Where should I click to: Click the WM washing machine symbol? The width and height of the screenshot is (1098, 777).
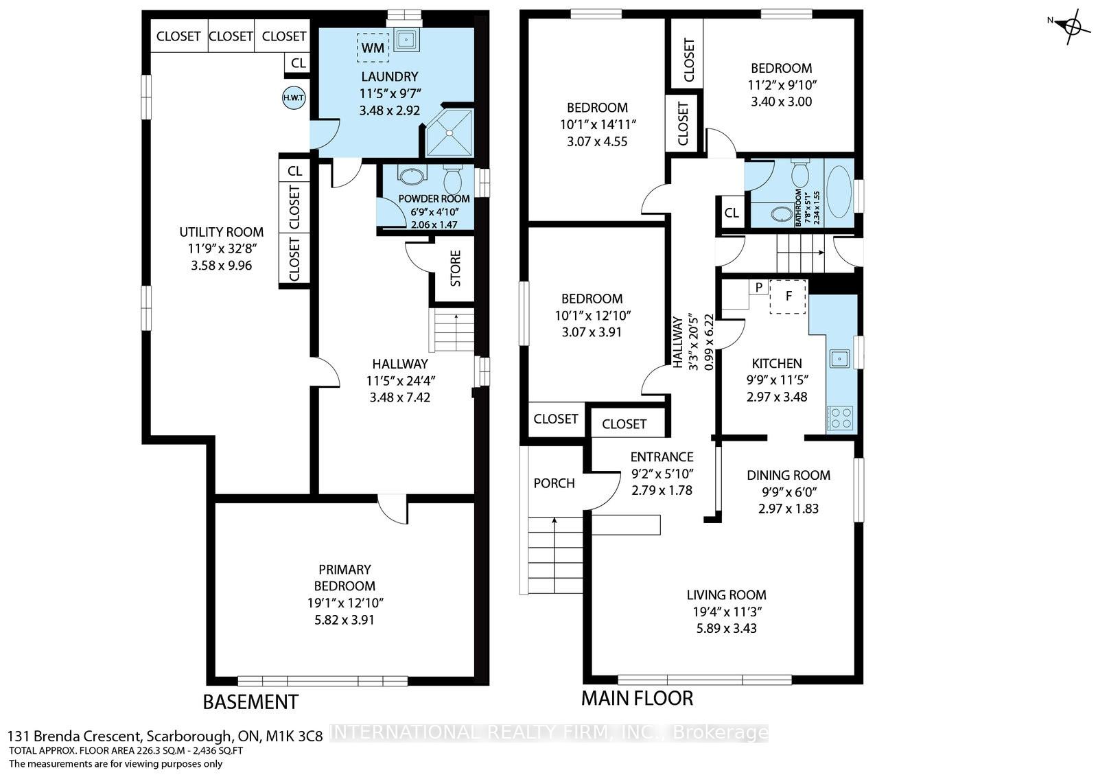pyautogui.click(x=373, y=48)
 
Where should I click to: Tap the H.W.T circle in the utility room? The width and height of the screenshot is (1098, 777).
pyautogui.click(x=294, y=97)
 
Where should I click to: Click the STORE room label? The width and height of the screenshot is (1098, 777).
pyautogui.click(x=455, y=268)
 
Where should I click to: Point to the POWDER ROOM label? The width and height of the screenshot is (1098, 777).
pyautogui.click(x=424, y=199)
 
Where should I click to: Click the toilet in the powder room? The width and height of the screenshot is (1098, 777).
pyautogui.click(x=452, y=181)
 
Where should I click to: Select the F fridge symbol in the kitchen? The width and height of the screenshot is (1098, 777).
pyautogui.click(x=788, y=297)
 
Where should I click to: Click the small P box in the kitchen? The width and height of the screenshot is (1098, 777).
pyautogui.click(x=758, y=287)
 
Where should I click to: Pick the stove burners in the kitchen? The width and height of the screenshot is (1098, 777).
pyautogui.click(x=840, y=418)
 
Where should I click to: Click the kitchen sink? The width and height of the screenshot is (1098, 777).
pyautogui.click(x=839, y=358)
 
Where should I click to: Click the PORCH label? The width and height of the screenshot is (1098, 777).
pyautogui.click(x=554, y=483)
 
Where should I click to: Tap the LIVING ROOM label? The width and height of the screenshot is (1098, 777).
pyautogui.click(x=726, y=595)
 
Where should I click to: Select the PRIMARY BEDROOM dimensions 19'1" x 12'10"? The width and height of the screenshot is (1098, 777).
pyautogui.click(x=344, y=603)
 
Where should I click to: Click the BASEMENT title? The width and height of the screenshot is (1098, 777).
pyautogui.click(x=250, y=702)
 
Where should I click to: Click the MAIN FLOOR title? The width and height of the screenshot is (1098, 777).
pyautogui.click(x=637, y=699)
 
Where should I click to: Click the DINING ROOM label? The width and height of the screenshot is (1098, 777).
pyautogui.click(x=788, y=475)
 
